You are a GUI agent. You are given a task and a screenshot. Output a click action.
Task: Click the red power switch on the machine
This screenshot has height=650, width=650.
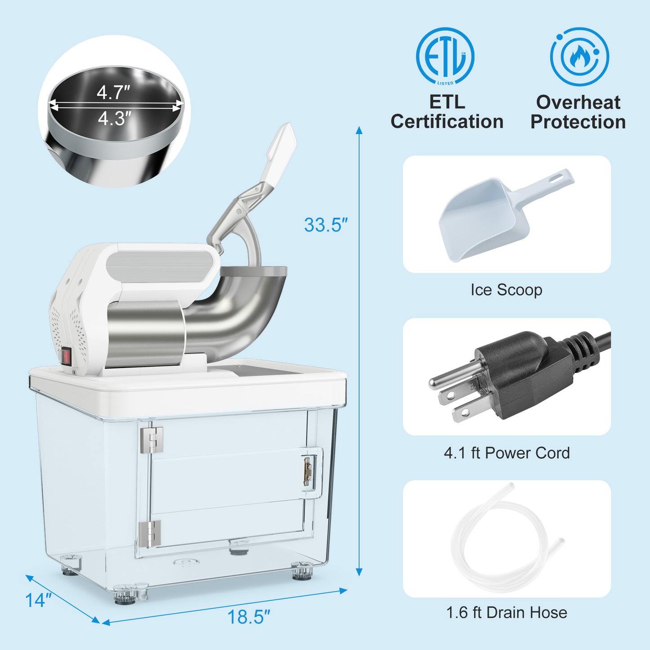[x=67, y=356]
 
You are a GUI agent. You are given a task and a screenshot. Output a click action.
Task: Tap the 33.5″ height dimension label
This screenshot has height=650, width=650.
[x=326, y=225]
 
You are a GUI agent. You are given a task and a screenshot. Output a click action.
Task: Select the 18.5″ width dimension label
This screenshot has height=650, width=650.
[x=248, y=617]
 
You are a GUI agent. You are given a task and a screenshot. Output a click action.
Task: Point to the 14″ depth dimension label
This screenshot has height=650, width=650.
[x=38, y=600]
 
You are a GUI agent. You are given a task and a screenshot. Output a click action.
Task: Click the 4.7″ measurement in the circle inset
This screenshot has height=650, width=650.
[x=113, y=93]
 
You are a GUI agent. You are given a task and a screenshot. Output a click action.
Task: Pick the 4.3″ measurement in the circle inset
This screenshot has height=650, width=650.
[x=114, y=119]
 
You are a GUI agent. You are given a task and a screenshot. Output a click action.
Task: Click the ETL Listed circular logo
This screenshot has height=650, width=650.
[x=445, y=56]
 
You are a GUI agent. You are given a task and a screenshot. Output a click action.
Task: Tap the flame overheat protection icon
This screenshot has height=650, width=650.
[x=579, y=57]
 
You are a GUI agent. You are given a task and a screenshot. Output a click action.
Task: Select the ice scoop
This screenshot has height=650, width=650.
[x=495, y=216]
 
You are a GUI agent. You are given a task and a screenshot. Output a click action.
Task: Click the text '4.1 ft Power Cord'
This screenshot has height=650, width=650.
[x=507, y=453]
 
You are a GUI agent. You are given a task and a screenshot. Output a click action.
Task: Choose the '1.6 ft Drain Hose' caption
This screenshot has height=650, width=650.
[x=507, y=612]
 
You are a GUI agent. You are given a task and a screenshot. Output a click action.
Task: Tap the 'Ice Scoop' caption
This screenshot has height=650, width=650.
[x=507, y=290]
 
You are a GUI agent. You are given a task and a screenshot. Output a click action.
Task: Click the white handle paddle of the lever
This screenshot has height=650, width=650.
[x=282, y=153]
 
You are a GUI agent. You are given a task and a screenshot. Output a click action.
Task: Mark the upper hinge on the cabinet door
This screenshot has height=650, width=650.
[x=151, y=439]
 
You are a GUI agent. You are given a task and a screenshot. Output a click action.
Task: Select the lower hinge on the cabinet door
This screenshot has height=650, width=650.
[x=149, y=533]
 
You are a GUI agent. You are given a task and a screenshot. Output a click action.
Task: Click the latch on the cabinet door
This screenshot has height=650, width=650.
[x=308, y=471]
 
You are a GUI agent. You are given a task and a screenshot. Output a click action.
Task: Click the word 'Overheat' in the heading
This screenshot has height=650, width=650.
[x=578, y=103]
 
